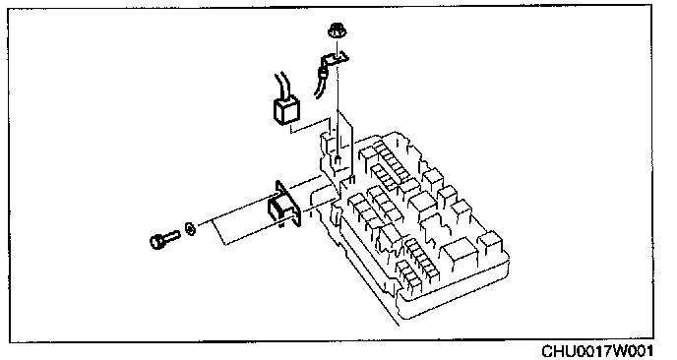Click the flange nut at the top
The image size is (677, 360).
click(x=335, y=30)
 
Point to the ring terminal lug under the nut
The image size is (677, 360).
click(x=335, y=58)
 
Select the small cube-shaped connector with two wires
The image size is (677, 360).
click(x=285, y=111)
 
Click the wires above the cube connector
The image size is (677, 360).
click(x=280, y=87)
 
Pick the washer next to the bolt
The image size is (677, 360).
click(x=191, y=228)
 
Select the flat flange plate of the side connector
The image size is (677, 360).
click(x=288, y=204)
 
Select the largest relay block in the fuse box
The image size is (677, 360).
click(x=461, y=254)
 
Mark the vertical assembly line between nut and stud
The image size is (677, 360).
click(x=338, y=99)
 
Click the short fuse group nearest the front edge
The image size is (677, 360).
click(x=408, y=274)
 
